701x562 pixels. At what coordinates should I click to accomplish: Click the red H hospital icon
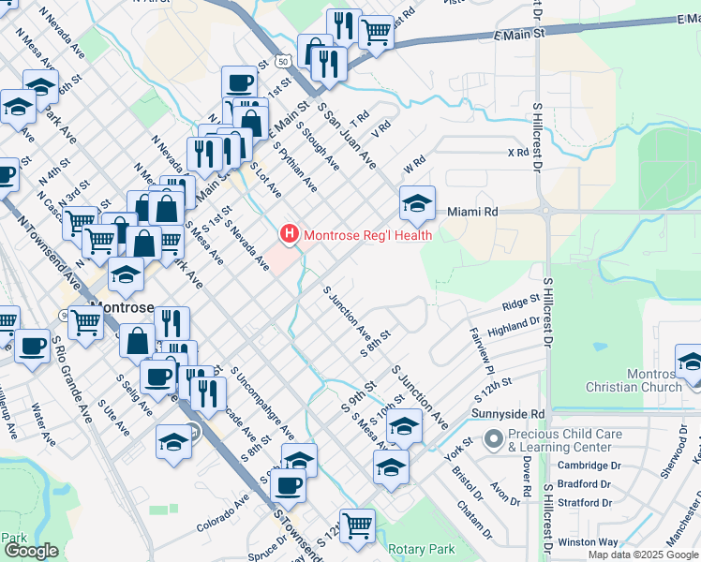click(290, 233)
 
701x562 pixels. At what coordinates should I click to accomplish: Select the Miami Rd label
click(471, 213)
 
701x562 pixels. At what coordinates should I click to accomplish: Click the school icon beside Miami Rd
click(418, 202)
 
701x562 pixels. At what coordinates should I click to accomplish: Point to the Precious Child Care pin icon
click(493, 438)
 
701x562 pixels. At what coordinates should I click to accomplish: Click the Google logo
click(30, 551)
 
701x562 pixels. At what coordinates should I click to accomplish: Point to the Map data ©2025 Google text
click(643, 555)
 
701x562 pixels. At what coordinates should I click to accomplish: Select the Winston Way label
click(588, 541)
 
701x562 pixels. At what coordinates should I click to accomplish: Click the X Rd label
click(517, 152)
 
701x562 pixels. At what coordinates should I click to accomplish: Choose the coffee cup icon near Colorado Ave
click(287, 485)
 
